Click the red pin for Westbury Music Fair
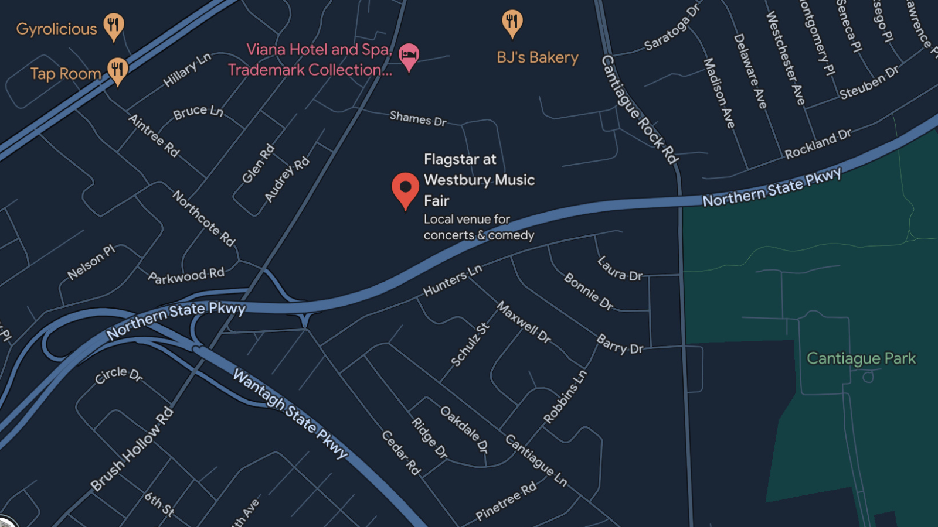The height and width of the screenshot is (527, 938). click(x=405, y=189)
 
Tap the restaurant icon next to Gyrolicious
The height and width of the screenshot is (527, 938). click(x=114, y=26)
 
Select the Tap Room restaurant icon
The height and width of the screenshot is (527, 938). click(x=118, y=70)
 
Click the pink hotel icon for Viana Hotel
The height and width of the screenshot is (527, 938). click(x=409, y=56)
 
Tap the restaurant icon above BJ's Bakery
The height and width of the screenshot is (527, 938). click(x=512, y=22)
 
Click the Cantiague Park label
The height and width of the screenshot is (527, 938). click(x=861, y=358)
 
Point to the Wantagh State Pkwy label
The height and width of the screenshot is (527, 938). click(x=290, y=413)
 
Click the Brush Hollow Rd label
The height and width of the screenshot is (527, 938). click(x=132, y=449)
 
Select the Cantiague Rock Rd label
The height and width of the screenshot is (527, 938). click(x=640, y=109)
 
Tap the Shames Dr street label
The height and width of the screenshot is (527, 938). click(x=418, y=119)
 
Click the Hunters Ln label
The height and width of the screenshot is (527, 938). click(x=452, y=280)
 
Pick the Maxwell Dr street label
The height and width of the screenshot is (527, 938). click(x=524, y=322)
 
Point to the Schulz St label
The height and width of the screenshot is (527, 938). click(x=470, y=345)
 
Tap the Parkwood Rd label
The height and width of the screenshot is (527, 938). click(x=186, y=276)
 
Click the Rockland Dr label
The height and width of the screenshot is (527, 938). click(x=818, y=144)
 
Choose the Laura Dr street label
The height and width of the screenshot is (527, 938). click(x=620, y=269)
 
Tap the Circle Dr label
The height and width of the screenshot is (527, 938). click(x=118, y=375)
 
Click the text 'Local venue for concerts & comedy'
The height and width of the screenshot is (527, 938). click(x=478, y=227)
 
